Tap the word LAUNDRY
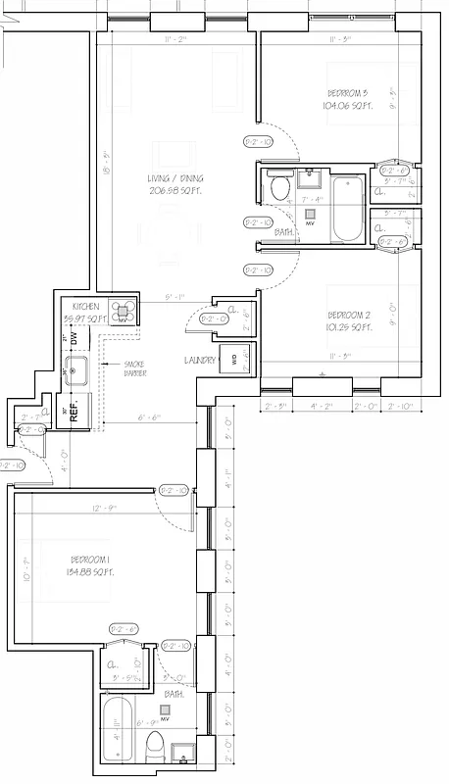point(199,361)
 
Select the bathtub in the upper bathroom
point(348,209)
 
